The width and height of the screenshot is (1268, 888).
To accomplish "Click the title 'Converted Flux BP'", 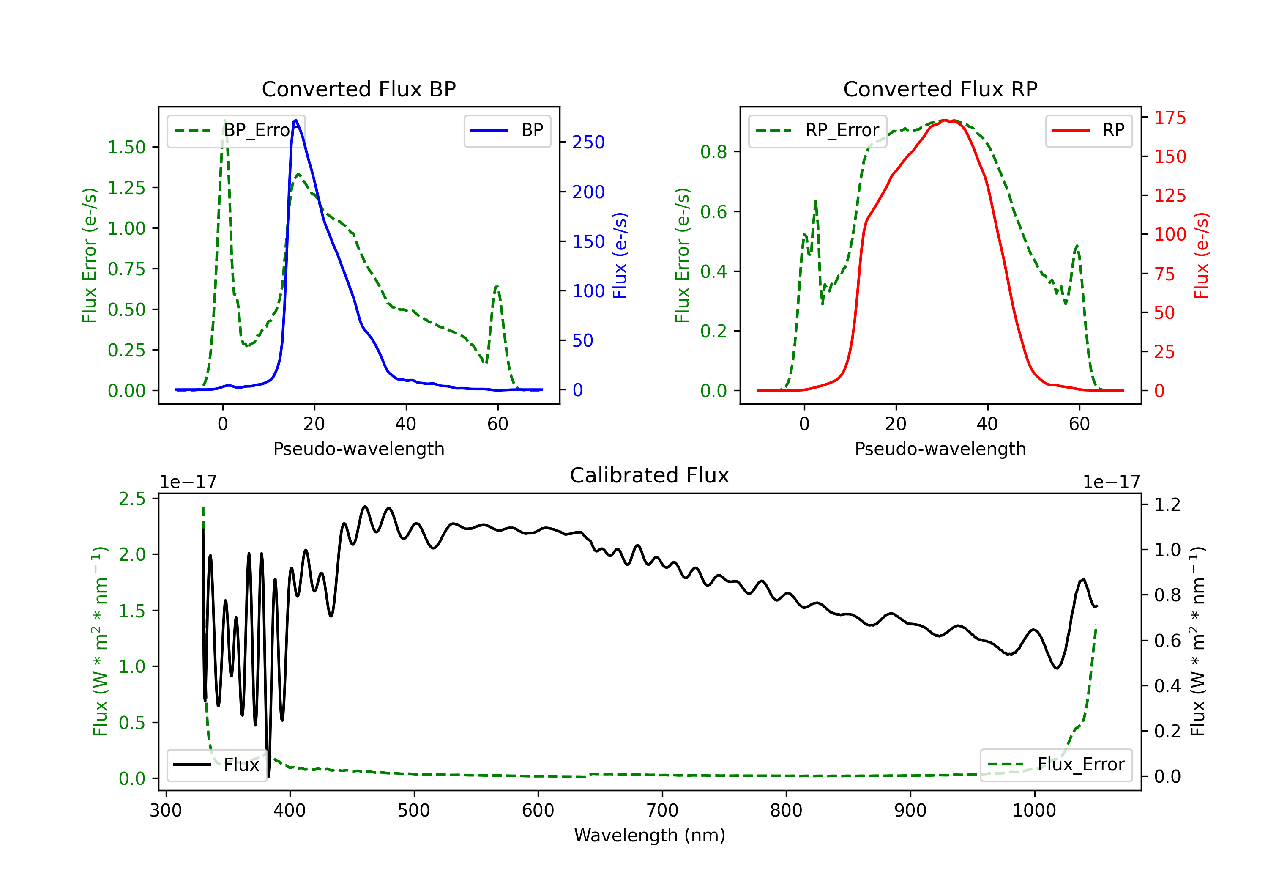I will (x=358, y=89).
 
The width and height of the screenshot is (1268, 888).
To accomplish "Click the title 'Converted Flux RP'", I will (x=940, y=89).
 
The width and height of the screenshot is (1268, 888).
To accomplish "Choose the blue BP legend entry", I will (x=507, y=130).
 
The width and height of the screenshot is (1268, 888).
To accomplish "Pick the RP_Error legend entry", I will (x=817, y=130).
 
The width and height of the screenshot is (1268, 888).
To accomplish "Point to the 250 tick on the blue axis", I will (x=588, y=143).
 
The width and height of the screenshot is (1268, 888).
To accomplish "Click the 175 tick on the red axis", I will (x=1170, y=118).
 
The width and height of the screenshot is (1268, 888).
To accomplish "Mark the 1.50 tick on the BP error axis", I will (x=126, y=148).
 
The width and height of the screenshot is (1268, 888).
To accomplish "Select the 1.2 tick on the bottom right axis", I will (x=1167, y=504).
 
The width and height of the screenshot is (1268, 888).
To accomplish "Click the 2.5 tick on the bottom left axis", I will (x=132, y=499).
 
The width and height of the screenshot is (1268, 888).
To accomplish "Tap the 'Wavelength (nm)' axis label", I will (x=650, y=836).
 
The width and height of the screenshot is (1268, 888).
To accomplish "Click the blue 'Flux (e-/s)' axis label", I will (x=620, y=255).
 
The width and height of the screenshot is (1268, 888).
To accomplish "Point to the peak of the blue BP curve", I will (x=296, y=120).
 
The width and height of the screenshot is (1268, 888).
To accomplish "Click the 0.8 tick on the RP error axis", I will (x=713, y=152).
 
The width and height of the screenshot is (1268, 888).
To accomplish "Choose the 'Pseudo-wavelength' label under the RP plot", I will (x=940, y=449).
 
